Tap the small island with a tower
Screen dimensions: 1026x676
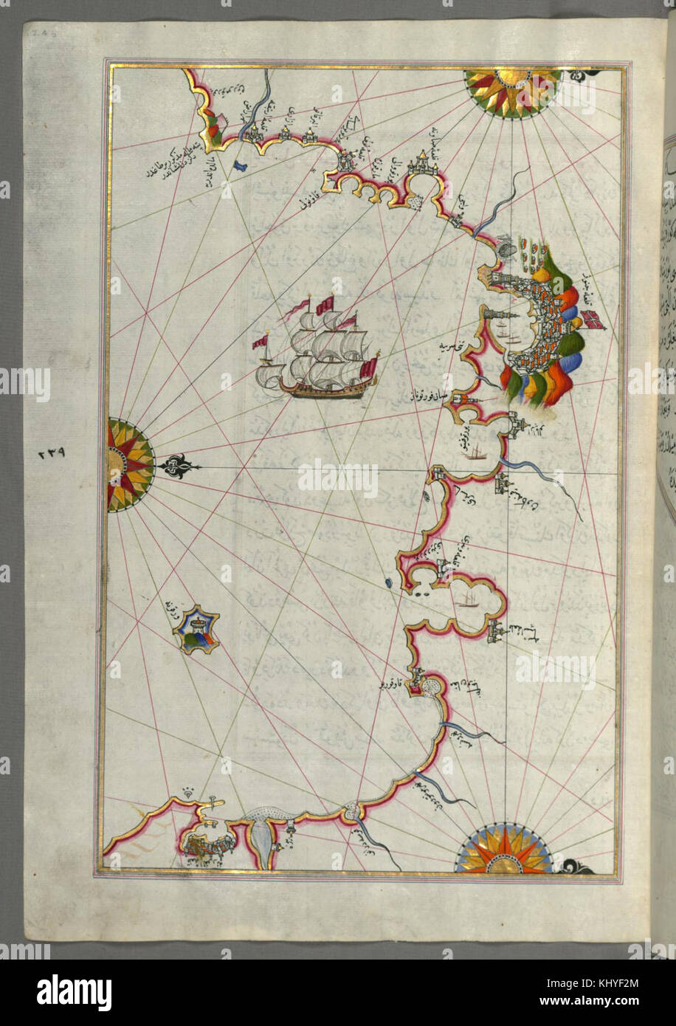tap(196, 630)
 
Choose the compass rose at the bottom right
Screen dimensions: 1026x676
tap(504, 851)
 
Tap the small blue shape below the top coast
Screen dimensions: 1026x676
tap(239, 166)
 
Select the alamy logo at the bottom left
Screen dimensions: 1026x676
tap(75, 991)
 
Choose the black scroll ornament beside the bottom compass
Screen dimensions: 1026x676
tap(574, 867)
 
